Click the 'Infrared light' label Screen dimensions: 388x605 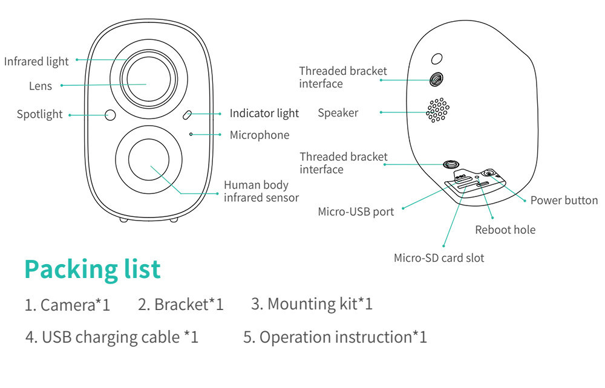point(36,61)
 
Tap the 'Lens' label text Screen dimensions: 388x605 point(41,86)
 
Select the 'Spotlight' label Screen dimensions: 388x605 point(39,114)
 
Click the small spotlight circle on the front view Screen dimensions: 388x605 point(110,114)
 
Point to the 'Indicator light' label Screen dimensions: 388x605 point(264,113)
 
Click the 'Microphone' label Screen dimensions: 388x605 point(259,135)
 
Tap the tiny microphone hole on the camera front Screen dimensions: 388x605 point(191,134)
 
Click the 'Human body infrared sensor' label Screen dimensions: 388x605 point(261,191)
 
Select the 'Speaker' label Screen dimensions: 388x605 point(338,112)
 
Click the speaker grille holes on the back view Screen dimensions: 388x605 point(437,111)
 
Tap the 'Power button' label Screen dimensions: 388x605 point(564,201)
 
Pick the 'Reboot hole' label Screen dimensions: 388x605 point(505,230)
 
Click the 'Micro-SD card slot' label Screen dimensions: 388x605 point(439,258)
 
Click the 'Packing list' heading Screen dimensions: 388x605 point(93,269)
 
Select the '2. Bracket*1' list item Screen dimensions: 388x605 point(180,304)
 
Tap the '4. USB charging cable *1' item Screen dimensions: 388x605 point(112,337)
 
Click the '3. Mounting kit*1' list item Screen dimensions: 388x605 point(311,303)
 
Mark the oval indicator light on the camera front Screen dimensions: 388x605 point(188,114)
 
